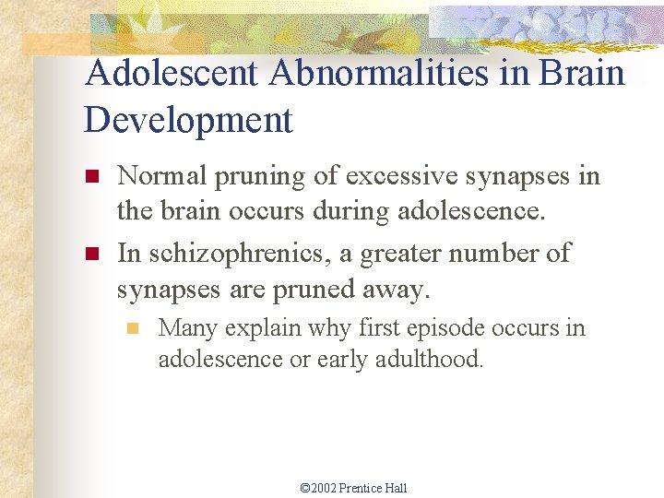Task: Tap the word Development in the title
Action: [x=188, y=120]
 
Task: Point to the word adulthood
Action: [x=429, y=360]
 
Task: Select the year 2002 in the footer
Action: [x=324, y=488]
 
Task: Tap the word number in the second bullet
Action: [x=499, y=253]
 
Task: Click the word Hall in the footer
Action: [x=397, y=488]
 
